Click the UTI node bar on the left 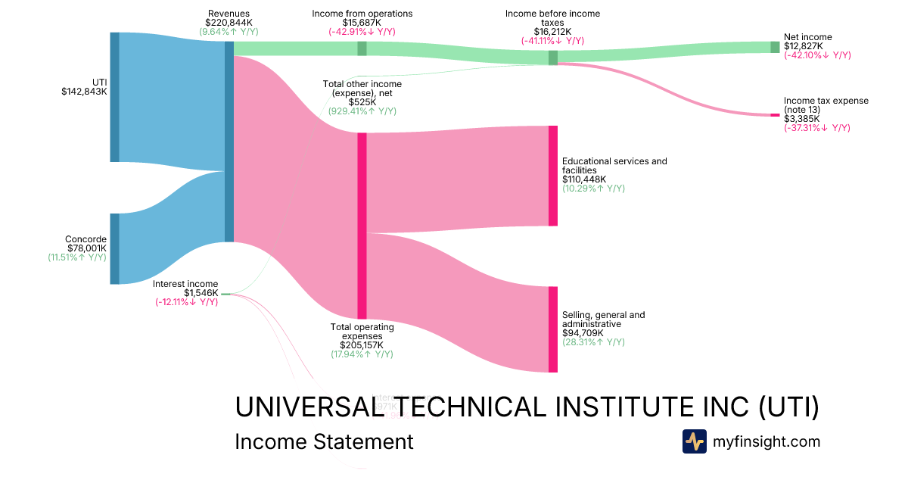click(x=114, y=97)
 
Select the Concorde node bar click(x=114, y=248)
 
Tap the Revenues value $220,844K click(x=229, y=23)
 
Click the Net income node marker click(x=774, y=47)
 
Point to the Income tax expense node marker click(x=774, y=115)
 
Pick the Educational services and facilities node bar click(x=552, y=176)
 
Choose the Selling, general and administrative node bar click(x=552, y=329)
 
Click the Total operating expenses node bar click(x=362, y=226)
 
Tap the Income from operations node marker click(x=362, y=48)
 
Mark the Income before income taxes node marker click(x=552, y=58)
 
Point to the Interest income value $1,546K click(x=201, y=293)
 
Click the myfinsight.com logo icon click(x=694, y=441)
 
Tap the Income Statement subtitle click(x=324, y=441)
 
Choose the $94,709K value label click(x=585, y=332)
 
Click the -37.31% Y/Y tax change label click(x=817, y=128)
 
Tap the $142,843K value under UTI click(x=84, y=92)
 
